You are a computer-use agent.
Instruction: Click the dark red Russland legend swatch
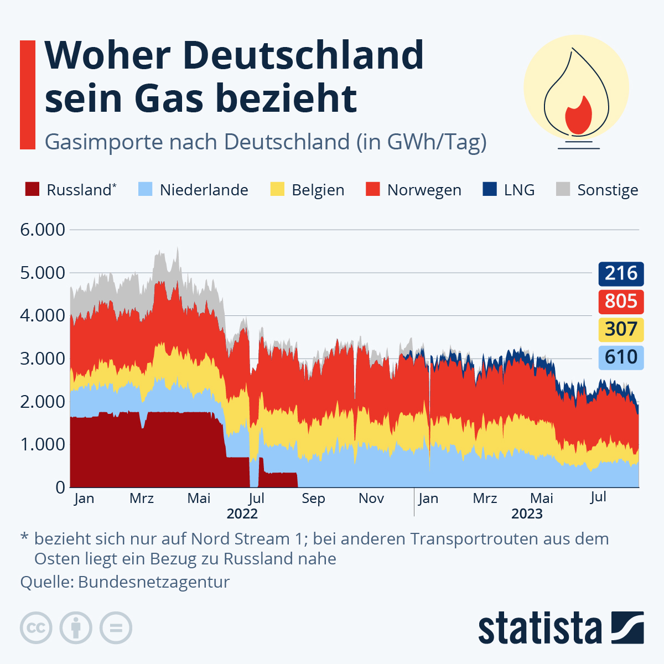click(x=33, y=189)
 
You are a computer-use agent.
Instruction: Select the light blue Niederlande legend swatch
click(x=145, y=189)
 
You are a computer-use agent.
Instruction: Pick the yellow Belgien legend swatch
click(x=277, y=189)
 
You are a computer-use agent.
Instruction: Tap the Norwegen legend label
click(x=424, y=190)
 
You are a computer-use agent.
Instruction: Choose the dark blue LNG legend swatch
click(x=490, y=189)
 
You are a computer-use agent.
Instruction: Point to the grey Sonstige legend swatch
click(x=563, y=189)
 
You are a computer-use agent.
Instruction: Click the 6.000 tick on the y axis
click(x=43, y=230)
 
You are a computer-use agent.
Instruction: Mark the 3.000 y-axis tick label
click(x=43, y=359)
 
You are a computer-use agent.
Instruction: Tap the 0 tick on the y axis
click(x=60, y=487)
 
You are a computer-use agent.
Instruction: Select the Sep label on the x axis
click(x=313, y=499)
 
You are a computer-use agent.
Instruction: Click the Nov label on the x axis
click(x=371, y=499)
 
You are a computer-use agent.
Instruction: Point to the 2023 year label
click(x=527, y=514)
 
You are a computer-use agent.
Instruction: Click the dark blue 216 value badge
click(x=621, y=273)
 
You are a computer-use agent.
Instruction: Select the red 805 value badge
click(x=621, y=301)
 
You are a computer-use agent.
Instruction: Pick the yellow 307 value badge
click(x=621, y=329)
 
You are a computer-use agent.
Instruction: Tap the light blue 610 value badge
click(x=621, y=357)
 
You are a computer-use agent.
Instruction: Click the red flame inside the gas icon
click(x=578, y=115)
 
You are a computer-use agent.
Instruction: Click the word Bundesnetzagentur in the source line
click(x=154, y=582)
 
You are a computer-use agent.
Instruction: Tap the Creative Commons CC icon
click(x=36, y=628)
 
